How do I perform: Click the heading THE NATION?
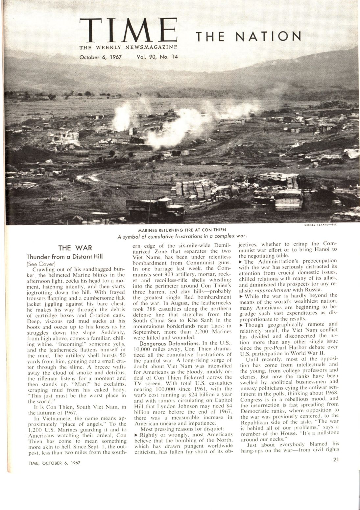(249, 36)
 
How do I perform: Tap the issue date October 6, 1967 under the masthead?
(101, 57)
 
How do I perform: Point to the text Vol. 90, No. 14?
(157, 57)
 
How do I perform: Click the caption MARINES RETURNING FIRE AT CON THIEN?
(181, 230)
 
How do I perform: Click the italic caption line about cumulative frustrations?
(181, 236)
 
